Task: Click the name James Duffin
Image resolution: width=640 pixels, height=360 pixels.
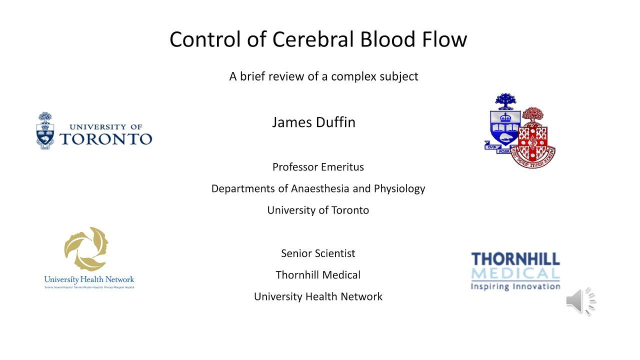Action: tap(313, 122)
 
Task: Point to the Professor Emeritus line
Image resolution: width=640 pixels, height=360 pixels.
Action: tap(318, 167)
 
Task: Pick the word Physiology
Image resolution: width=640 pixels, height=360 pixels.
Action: tap(399, 188)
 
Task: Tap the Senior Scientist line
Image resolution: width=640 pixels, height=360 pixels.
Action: tap(318, 253)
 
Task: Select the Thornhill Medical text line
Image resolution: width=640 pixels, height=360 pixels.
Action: tap(318, 275)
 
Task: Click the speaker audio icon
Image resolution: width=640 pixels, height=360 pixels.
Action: tap(580, 301)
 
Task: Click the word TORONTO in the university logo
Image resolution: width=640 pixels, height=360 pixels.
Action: tap(105, 138)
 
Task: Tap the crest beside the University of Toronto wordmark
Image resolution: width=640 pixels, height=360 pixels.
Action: tap(45, 130)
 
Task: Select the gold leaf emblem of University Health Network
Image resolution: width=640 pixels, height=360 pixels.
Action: tap(86, 248)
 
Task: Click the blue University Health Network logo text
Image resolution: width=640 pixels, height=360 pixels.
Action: tap(89, 280)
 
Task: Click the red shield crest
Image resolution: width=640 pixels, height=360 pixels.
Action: tap(537, 140)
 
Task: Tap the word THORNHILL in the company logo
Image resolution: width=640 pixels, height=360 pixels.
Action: tap(515, 259)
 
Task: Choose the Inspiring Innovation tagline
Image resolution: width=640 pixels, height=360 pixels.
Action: tap(515, 286)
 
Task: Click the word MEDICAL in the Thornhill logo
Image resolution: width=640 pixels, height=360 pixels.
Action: tap(515, 273)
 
